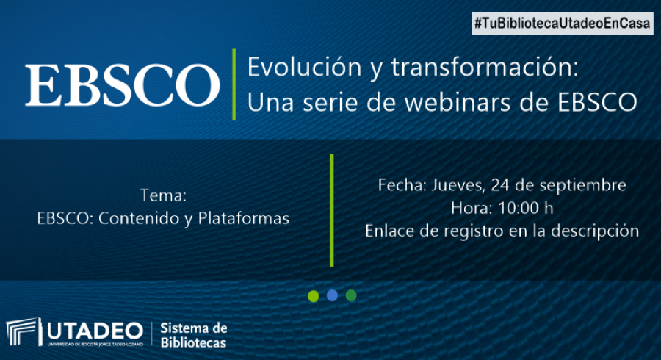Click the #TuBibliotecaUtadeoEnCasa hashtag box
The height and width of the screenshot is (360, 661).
tap(563, 24)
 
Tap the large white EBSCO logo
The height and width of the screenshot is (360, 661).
tap(123, 84)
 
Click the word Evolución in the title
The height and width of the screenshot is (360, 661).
tap(304, 67)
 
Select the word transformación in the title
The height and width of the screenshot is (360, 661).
tap(485, 67)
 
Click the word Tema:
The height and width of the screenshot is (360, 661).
tap(163, 195)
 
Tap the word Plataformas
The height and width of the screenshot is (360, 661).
tap(244, 218)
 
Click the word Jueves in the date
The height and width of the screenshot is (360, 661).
tap(458, 185)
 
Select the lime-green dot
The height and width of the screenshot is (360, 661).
tap(313, 296)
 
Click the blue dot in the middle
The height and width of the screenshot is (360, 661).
tap(332, 295)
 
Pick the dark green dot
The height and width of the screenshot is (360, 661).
tap(351, 295)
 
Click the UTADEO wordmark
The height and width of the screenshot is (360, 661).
tap(95, 331)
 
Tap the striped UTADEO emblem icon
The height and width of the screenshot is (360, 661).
tap(24, 331)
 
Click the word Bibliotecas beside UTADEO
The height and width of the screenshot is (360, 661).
tap(193, 342)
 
